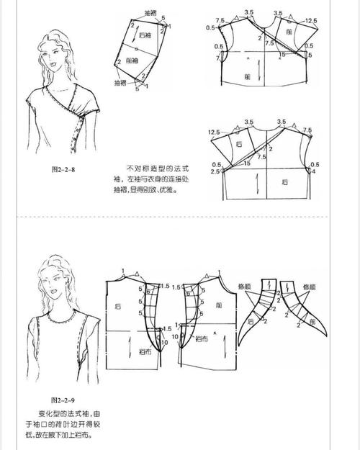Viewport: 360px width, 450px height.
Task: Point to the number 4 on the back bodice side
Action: (312, 171)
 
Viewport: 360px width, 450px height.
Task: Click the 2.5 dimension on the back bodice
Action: (215, 172)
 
